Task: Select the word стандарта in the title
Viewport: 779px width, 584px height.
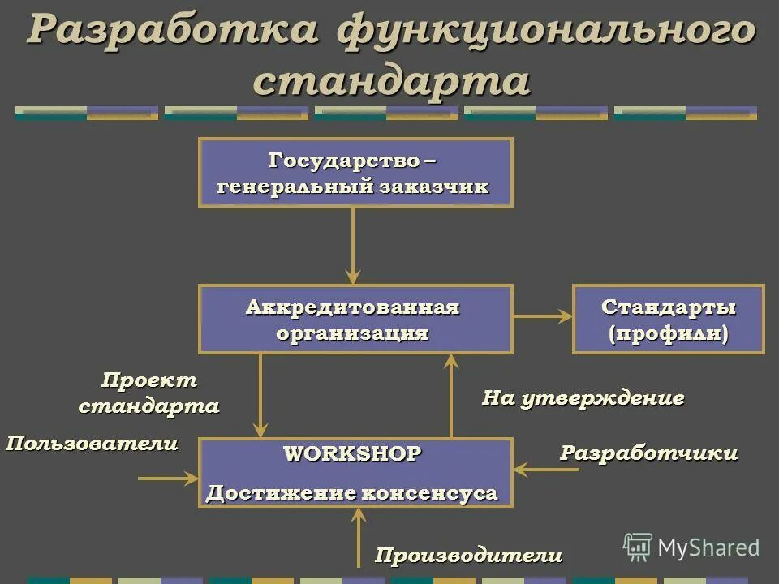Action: (x=392, y=80)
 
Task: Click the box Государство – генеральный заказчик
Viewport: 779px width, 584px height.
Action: (x=355, y=172)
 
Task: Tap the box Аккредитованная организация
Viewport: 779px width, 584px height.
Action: (x=355, y=319)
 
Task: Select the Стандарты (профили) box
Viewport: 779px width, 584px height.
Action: (x=668, y=319)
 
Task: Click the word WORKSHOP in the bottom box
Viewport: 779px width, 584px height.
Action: (x=352, y=454)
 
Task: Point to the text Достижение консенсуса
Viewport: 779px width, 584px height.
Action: (x=352, y=492)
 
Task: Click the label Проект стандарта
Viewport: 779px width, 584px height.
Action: (x=148, y=393)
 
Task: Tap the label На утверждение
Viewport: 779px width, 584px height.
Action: (x=583, y=398)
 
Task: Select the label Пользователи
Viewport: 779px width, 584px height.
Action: (x=92, y=444)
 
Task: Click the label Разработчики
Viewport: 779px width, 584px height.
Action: (x=649, y=453)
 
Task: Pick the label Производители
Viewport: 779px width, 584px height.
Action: (x=468, y=556)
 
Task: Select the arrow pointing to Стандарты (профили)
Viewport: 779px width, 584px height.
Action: (x=542, y=317)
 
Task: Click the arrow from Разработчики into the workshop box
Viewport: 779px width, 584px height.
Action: (x=545, y=469)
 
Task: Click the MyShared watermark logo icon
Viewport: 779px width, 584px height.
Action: (x=638, y=547)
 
